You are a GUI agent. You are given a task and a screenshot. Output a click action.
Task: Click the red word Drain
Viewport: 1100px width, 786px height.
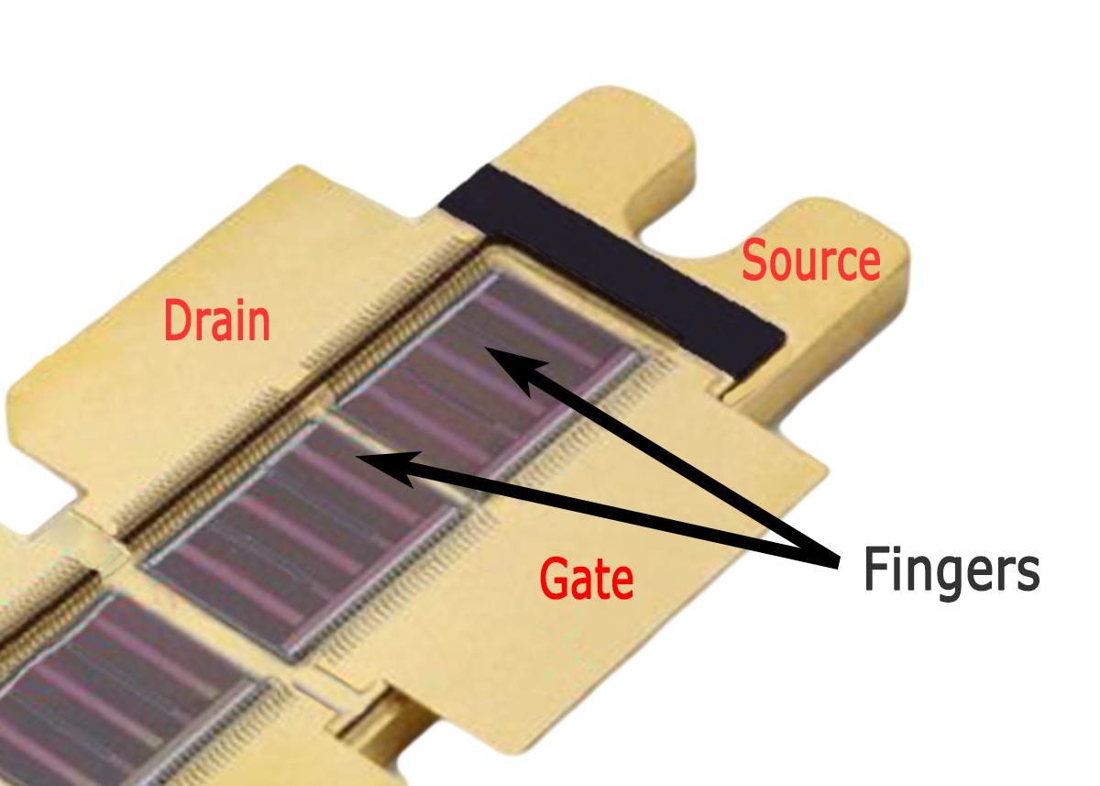(x=216, y=322)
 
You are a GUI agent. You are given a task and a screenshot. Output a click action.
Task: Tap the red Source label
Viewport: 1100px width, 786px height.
(x=810, y=262)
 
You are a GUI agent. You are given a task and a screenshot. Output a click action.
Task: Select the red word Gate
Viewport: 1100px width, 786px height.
(x=586, y=579)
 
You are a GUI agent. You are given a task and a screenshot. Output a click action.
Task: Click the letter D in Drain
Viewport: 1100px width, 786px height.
(x=177, y=323)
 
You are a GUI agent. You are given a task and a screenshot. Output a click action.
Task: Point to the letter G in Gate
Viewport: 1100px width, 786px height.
(x=553, y=579)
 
